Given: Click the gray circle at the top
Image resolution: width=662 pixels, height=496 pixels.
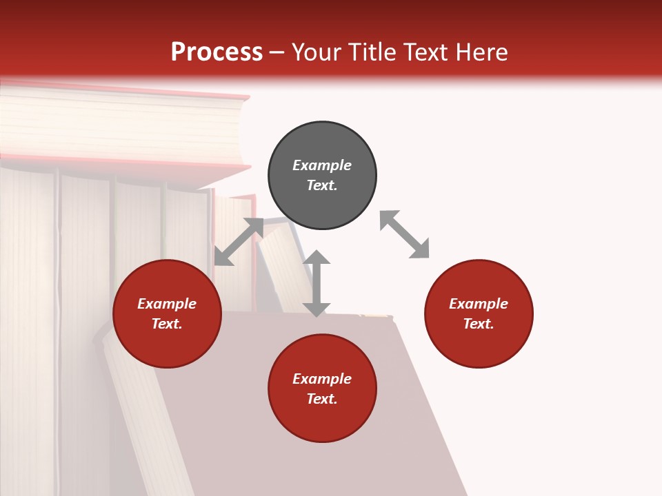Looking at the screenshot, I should (x=322, y=176).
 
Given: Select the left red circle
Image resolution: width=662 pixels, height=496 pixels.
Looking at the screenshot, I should (x=167, y=314).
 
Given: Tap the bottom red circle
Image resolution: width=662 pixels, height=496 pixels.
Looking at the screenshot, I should (x=322, y=389).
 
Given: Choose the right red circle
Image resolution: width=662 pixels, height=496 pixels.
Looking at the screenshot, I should (x=479, y=314).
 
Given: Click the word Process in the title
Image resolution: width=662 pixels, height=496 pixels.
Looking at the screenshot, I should (x=217, y=52).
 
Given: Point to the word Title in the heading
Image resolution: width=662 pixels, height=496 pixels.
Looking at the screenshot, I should (x=373, y=52).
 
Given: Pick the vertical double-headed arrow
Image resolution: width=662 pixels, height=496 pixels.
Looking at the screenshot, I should (x=317, y=283).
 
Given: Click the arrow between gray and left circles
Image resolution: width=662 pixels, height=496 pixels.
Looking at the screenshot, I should (x=239, y=242).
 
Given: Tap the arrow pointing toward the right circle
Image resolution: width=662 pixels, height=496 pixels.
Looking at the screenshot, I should (x=405, y=235).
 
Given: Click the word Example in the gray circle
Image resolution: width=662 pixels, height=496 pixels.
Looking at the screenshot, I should (x=322, y=165).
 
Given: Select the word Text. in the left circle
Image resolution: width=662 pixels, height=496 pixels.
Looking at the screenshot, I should (x=167, y=324).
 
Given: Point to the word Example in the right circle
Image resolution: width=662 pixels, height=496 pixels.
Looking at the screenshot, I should (x=479, y=304).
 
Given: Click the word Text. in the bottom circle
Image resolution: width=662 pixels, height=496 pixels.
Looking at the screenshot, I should (x=322, y=399).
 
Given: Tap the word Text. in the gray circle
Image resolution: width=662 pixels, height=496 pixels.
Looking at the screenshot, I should (x=322, y=185).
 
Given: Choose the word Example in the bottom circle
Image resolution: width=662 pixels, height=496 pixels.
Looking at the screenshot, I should (x=322, y=379).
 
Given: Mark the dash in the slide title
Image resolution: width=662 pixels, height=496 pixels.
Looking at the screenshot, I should (x=277, y=53).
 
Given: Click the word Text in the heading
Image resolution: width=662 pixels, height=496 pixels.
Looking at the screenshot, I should (x=425, y=52).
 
